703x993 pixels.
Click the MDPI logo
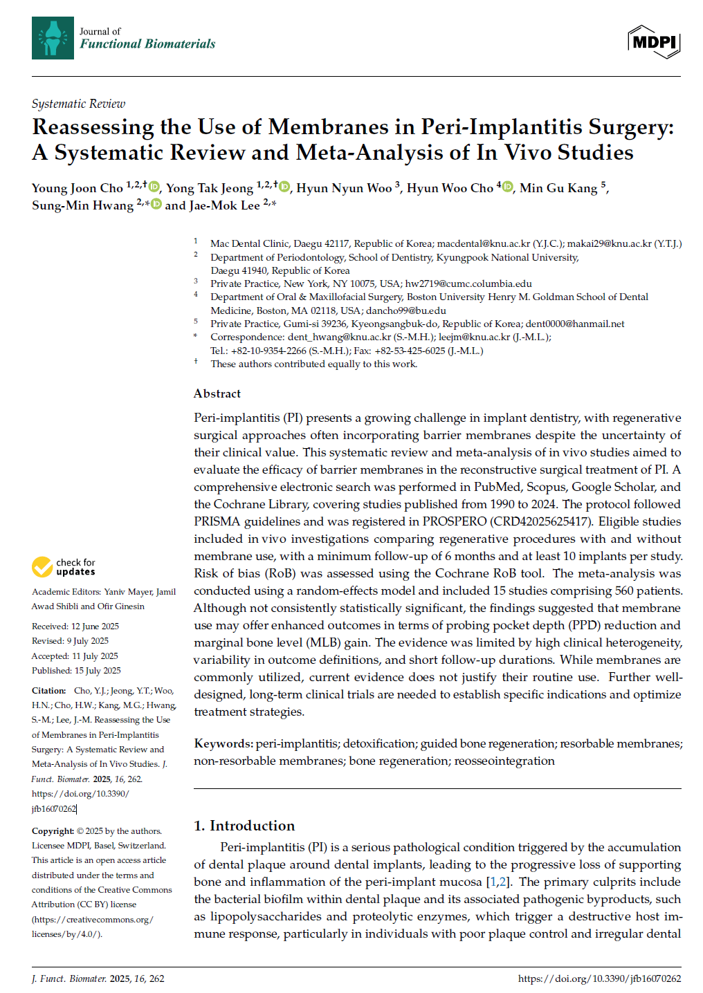(654, 41)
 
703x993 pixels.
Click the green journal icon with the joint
(53, 38)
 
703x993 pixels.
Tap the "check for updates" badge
(64, 567)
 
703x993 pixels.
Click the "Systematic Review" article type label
(78, 104)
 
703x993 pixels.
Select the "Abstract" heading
(217, 393)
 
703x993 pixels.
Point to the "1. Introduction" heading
(244, 826)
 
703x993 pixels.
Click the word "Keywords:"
(223, 743)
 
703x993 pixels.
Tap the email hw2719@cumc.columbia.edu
(468, 284)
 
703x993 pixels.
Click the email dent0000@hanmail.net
(574, 324)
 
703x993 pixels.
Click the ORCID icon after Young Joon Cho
(154, 187)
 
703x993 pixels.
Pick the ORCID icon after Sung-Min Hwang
(156, 204)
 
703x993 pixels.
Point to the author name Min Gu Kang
(558, 188)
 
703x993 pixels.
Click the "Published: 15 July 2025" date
(76, 671)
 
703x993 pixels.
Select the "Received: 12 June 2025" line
(75, 627)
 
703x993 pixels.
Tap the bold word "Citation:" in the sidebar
(48, 691)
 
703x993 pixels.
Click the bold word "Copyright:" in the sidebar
(53, 831)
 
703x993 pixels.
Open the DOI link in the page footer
(599, 978)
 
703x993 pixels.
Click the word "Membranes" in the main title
(328, 127)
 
